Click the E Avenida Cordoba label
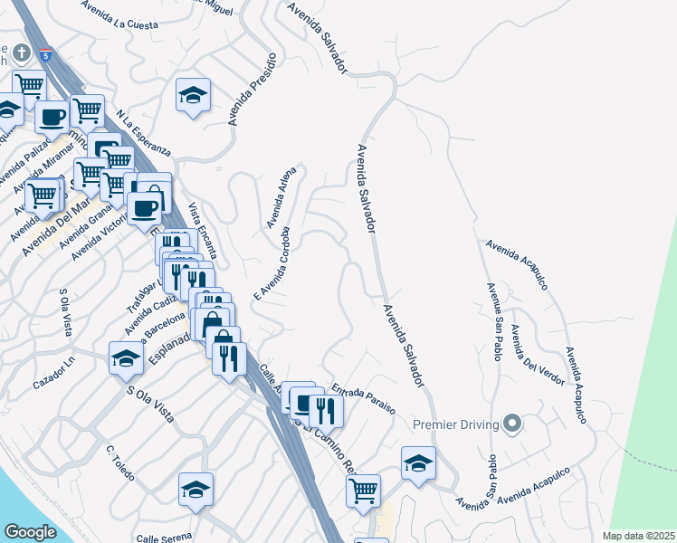pyautogui.click(x=272, y=262)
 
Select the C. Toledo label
pyautogui.click(x=119, y=462)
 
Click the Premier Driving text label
pyautogui.click(x=456, y=425)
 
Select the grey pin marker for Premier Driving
pyautogui.click(x=513, y=423)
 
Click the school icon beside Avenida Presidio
pyautogui.click(x=193, y=96)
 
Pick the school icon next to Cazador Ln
pyautogui.click(x=126, y=357)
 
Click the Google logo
pyautogui.click(x=31, y=532)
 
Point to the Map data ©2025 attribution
pyautogui.click(x=638, y=536)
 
